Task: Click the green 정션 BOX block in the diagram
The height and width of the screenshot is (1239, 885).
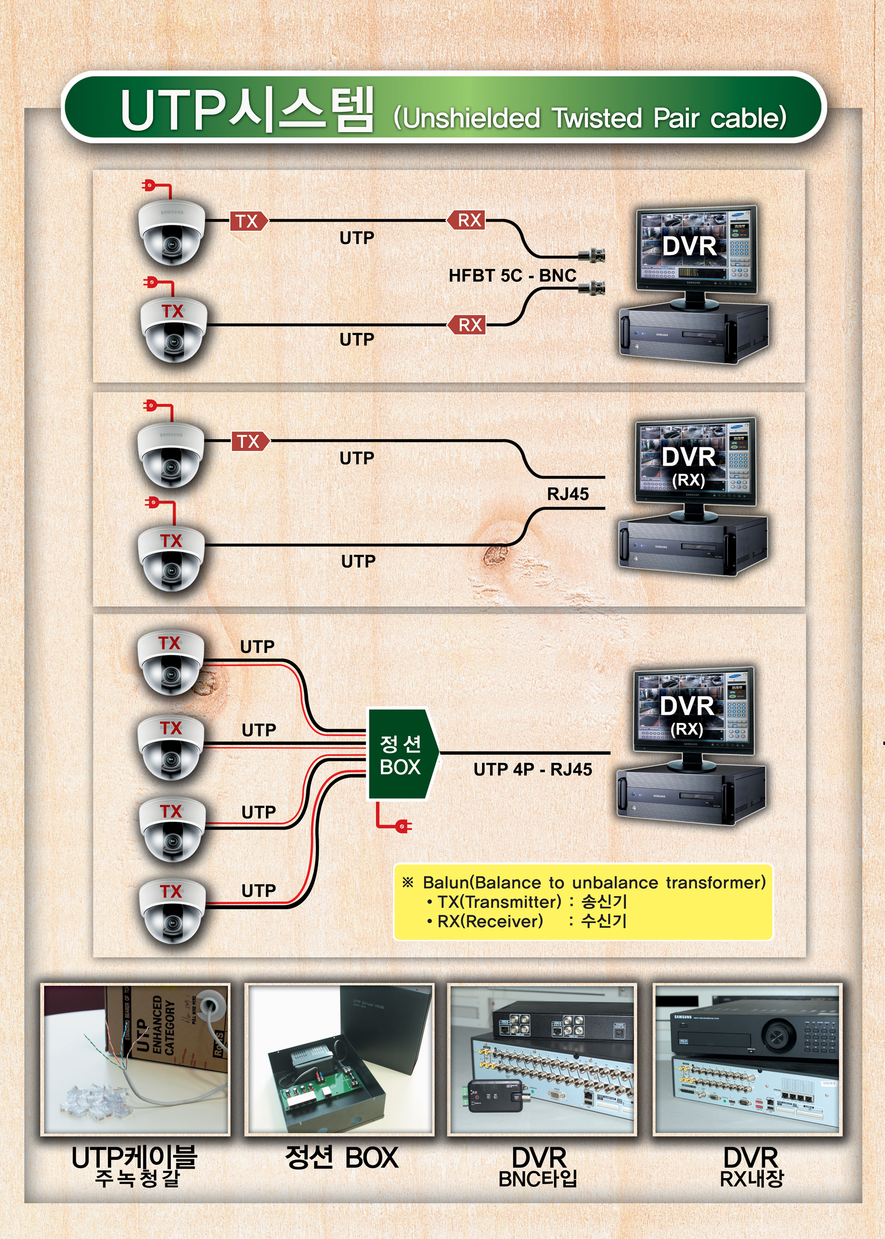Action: (x=401, y=754)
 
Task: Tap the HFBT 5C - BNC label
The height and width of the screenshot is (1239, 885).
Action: (x=512, y=276)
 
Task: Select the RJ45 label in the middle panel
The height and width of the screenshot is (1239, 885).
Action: (x=568, y=494)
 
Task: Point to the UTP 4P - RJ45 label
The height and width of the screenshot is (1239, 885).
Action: (x=532, y=770)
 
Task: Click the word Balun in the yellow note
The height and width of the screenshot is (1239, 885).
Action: (x=446, y=883)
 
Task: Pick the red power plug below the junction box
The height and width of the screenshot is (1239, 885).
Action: (x=403, y=826)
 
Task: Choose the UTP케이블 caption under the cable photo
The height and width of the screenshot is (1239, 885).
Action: (x=134, y=1158)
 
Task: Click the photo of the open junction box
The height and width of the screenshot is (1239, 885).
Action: (x=339, y=1060)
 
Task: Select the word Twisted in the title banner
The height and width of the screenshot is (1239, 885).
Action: (x=596, y=118)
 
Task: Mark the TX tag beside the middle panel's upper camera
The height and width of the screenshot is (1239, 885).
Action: (x=250, y=441)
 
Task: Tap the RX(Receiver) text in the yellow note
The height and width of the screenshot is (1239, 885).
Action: (x=490, y=921)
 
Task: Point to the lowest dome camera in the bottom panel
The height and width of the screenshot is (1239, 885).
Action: (x=172, y=911)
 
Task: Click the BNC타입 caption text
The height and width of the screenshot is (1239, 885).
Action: (x=537, y=1179)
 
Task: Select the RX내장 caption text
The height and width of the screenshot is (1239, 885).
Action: (x=751, y=1179)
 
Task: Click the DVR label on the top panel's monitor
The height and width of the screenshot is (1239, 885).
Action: (x=689, y=246)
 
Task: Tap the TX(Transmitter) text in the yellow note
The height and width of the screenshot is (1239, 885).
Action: (x=498, y=902)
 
